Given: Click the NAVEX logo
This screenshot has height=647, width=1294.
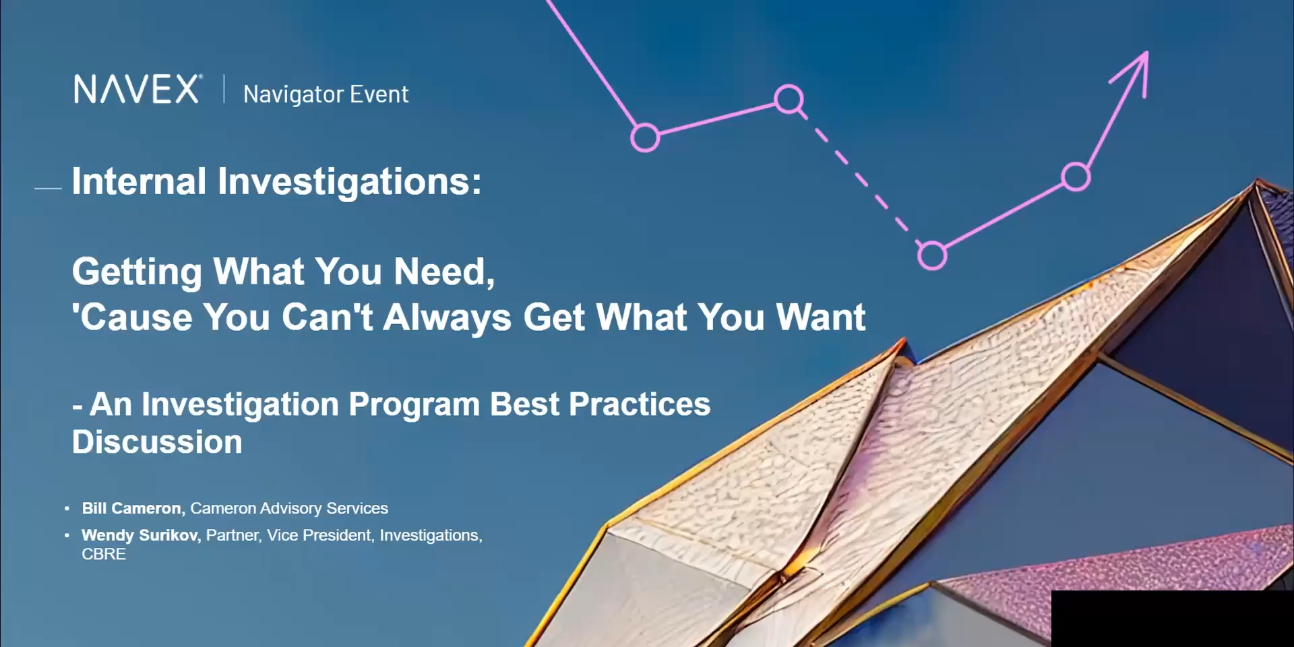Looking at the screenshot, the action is click(x=137, y=89).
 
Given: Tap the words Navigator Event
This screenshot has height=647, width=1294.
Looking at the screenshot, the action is click(x=326, y=94).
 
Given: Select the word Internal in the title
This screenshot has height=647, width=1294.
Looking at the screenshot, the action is click(x=139, y=181).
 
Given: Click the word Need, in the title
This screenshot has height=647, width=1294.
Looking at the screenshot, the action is click(x=444, y=272).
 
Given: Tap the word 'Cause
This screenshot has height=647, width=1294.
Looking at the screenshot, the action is click(x=132, y=317).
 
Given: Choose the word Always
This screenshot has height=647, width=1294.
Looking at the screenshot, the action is click(x=448, y=318).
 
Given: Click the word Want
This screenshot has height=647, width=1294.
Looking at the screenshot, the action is click(x=821, y=317).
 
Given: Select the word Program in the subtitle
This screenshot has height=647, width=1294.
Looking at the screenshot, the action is click(x=414, y=405).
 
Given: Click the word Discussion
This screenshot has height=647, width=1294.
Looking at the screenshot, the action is click(x=157, y=442).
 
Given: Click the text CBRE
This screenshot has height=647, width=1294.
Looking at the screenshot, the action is click(x=104, y=554).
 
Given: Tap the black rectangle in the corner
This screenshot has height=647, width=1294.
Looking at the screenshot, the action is click(x=1173, y=619).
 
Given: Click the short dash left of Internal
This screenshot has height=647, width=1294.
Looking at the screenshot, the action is click(x=48, y=189).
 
